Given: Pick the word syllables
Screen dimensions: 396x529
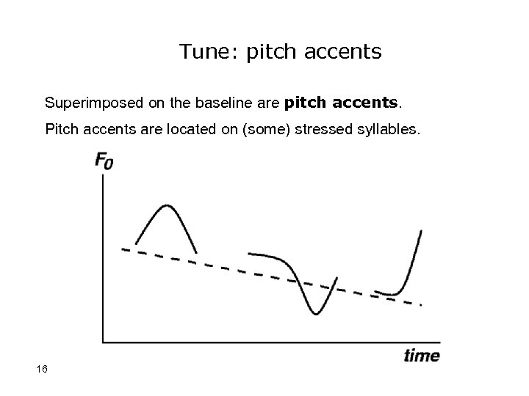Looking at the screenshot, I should click(x=388, y=130).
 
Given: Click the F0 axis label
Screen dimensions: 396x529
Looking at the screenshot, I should click(x=104, y=161).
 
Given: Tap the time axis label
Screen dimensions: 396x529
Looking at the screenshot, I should click(x=422, y=356).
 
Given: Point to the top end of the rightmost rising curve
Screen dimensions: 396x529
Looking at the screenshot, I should click(x=421, y=230).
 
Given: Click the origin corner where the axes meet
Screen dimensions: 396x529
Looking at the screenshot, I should click(x=103, y=341).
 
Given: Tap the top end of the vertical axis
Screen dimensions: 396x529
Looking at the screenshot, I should click(x=103, y=175).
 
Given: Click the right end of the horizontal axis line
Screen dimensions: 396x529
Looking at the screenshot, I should click(x=439, y=341).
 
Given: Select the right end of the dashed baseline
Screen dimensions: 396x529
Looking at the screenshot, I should click(x=421, y=304).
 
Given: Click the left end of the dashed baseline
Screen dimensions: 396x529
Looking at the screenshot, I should click(x=123, y=249).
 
